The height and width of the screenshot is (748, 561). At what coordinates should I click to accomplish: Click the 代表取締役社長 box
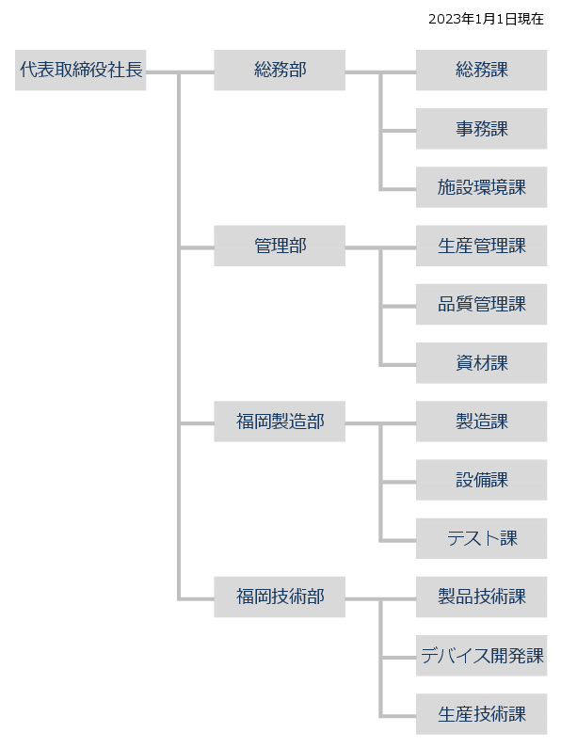tap(81, 71)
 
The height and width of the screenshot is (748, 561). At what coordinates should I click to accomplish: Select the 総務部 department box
tap(280, 71)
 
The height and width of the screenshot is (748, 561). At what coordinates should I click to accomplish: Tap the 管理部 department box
tap(280, 246)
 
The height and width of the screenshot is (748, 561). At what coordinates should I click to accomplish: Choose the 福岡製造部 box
tap(280, 422)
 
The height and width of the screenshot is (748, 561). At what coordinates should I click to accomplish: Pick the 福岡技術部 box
tap(280, 597)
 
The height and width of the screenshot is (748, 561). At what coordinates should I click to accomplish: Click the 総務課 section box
tap(481, 71)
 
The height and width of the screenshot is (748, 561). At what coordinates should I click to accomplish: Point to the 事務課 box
tap(481, 129)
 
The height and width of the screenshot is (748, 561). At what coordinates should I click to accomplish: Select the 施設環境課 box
tap(481, 187)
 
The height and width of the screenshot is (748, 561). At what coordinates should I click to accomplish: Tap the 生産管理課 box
tap(481, 246)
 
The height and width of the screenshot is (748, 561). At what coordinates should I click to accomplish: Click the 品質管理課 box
tap(481, 304)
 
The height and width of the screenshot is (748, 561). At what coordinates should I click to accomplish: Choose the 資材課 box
tap(481, 363)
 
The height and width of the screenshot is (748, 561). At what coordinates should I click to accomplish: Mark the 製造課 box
tap(481, 422)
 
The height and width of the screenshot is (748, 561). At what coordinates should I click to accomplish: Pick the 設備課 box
tap(481, 480)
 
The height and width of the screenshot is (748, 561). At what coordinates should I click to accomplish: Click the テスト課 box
tap(481, 538)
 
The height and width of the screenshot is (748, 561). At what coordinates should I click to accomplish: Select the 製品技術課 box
tap(481, 597)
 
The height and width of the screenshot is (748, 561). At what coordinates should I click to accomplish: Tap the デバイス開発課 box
tap(481, 656)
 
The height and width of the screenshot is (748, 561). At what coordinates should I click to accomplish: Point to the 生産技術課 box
tap(481, 714)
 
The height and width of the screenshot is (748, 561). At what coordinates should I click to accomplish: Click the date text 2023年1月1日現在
tap(486, 19)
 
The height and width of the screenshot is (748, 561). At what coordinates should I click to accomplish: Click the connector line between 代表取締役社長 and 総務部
tap(180, 72)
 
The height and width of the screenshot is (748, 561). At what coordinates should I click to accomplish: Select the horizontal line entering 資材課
tap(398, 365)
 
